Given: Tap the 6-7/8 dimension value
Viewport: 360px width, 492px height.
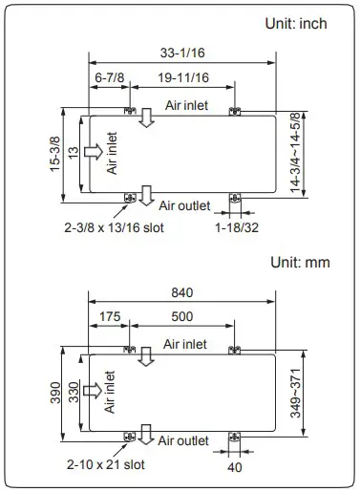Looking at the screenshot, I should [107, 76].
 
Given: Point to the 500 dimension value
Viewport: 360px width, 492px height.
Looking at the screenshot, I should [181, 316].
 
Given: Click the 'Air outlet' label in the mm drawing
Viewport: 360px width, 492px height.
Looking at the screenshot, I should [183, 440].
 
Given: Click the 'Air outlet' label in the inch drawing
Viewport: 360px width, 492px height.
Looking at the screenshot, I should [183, 204].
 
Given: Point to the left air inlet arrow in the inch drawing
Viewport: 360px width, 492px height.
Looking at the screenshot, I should [93, 152].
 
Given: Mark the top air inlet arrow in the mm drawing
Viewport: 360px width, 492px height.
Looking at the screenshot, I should [146, 356].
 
